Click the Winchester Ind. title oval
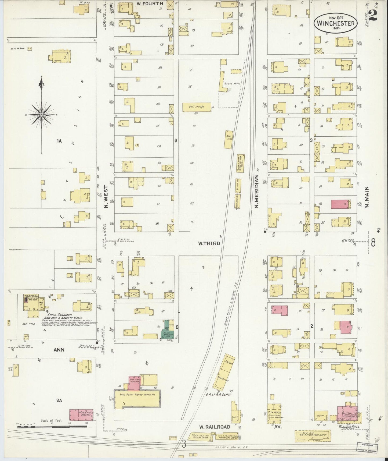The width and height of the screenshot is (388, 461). (x=335, y=23)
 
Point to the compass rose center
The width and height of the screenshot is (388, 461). (x=41, y=115)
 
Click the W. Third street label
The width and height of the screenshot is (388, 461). (x=209, y=243)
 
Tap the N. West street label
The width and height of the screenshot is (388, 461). (x=106, y=197)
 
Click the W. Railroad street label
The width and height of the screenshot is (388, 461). (x=215, y=427)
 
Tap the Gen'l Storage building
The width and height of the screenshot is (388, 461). (x=197, y=107)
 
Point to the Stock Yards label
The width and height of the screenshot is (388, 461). (x=232, y=84)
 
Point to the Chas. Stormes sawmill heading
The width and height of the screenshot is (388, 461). (x=57, y=315)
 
